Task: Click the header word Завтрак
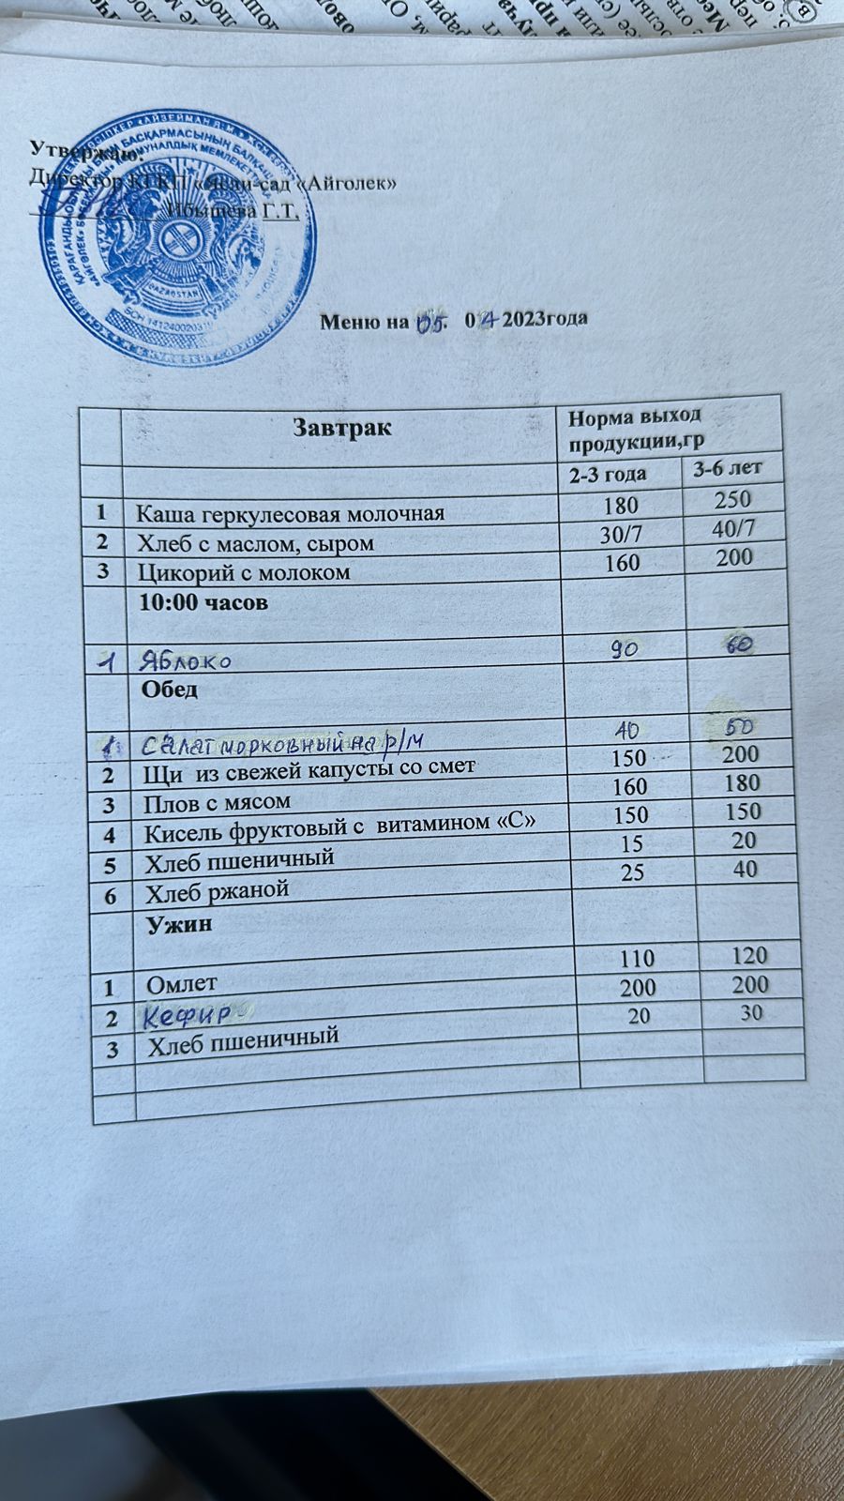pyautogui.click(x=341, y=428)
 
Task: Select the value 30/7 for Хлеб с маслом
pyautogui.click(x=620, y=534)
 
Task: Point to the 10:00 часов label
pyautogui.click(x=203, y=602)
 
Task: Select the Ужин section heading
pyautogui.click(x=178, y=924)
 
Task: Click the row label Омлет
pyautogui.click(x=182, y=983)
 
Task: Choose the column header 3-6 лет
pyautogui.click(x=726, y=467)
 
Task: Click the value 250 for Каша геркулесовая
pyautogui.click(x=732, y=499)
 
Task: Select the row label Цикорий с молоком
pyautogui.click(x=245, y=572)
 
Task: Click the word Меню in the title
pyautogui.click(x=349, y=323)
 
